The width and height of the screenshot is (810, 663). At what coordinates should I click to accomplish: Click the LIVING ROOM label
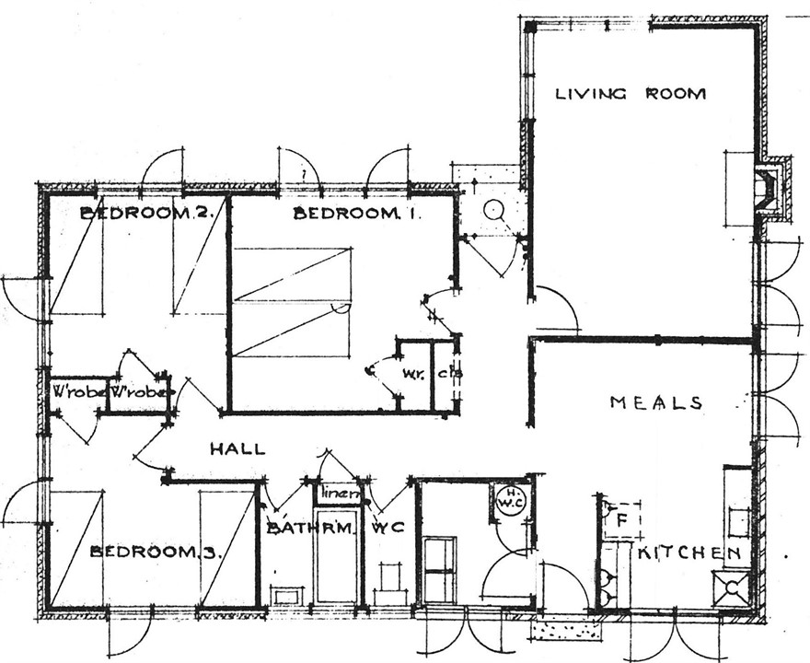click(x=631, y=93)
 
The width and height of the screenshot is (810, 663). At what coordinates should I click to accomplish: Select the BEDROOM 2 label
click(x=147, y=213)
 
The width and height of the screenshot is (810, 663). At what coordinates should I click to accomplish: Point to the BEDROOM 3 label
click(x=157, y=552)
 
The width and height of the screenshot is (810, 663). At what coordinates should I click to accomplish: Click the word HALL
click(x=237, y=449)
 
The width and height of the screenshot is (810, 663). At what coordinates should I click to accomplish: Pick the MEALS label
click(x=656, y=402)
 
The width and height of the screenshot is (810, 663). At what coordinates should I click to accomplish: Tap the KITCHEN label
click(x=689, y=552)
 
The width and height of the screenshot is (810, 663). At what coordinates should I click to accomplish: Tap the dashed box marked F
click(x=621, y=520)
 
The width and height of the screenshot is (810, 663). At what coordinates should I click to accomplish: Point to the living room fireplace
click(x=769, y=191)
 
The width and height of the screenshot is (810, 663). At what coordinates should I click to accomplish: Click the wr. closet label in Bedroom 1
click(x=412, y=374)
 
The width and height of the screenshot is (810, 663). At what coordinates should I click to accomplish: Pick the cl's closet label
click(x=450, y=374)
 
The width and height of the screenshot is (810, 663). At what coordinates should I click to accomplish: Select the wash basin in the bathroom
click(x=286, y=595)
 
